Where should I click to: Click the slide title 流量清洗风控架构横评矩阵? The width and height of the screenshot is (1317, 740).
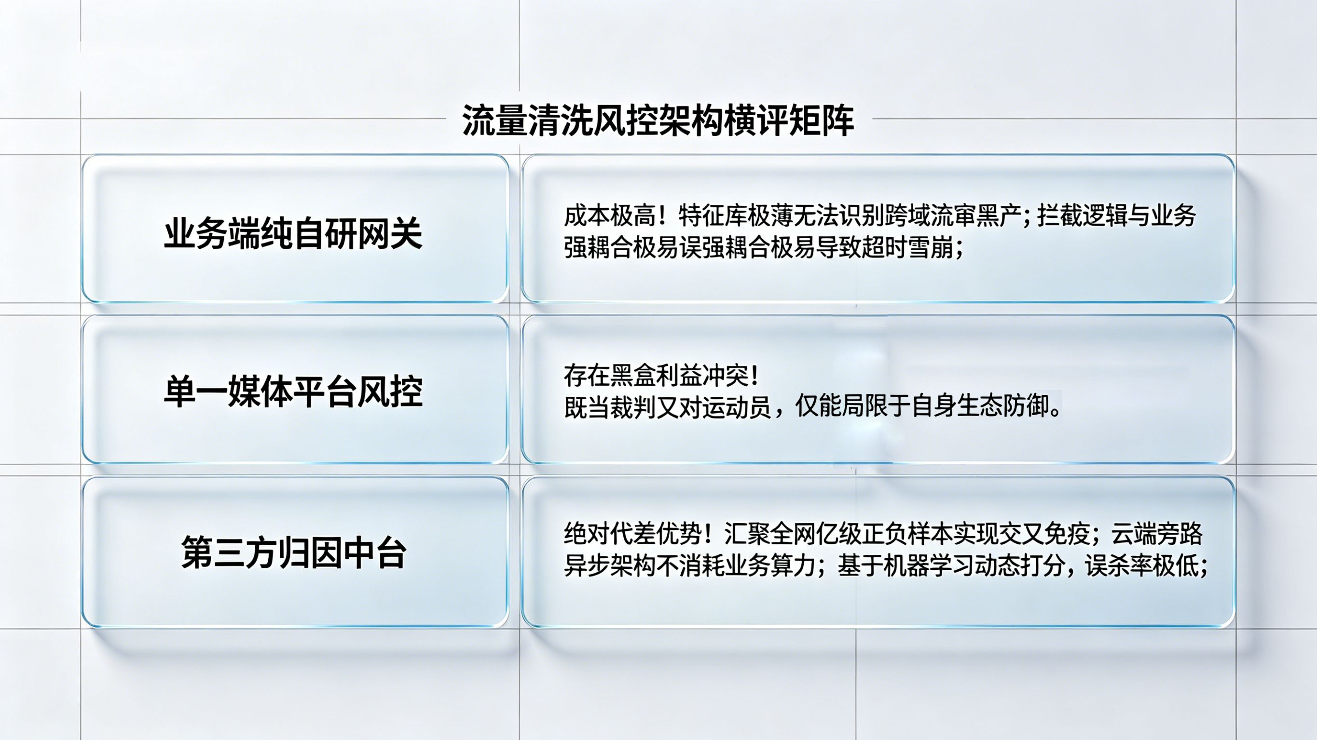coord(658,121)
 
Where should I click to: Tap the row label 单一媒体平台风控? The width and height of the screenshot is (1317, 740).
coord(293,392)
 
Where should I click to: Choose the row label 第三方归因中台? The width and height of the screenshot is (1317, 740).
coord(294,552)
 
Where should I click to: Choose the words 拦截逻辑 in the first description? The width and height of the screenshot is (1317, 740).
coord(1083,216)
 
